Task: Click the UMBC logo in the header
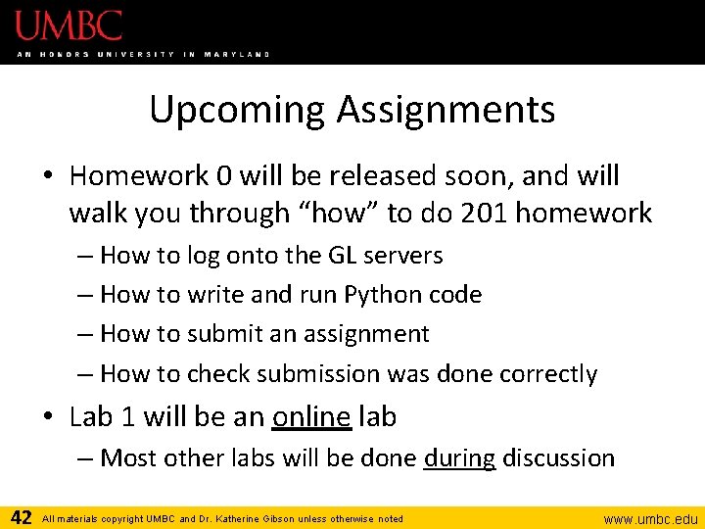[x=69, y=25]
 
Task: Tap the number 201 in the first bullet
[x=495, y=213]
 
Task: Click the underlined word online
[x=311, y=416]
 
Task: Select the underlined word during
[x=459, y=457]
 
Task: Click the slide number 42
[x=21, y=517]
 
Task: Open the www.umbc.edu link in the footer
[x=650, y=518]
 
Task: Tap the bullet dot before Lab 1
[x=49, y=417]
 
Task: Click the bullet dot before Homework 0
[x=49, y=177]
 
